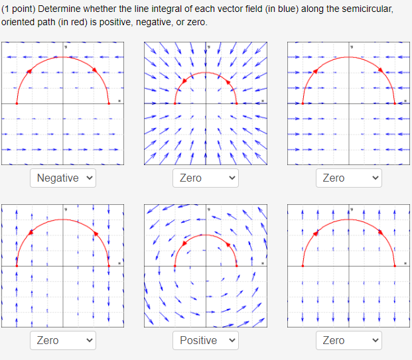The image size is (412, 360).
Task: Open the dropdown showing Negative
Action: pos(63,178)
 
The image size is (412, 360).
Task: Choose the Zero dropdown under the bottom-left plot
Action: pos(63,340)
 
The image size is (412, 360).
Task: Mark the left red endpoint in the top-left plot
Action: pos(17,103)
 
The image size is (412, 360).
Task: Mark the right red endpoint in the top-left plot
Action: pos(109,103)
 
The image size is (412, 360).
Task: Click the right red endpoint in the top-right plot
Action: pos(395,103)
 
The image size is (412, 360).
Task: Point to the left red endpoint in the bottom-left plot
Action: pos(17,265)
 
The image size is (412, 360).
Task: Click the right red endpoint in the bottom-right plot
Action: pos(395,265)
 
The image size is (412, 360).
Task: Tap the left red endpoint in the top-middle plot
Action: pos(175,103)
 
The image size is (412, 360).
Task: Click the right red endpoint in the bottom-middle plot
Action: pos(237,265)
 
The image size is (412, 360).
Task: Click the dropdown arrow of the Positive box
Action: pos(232,340)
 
